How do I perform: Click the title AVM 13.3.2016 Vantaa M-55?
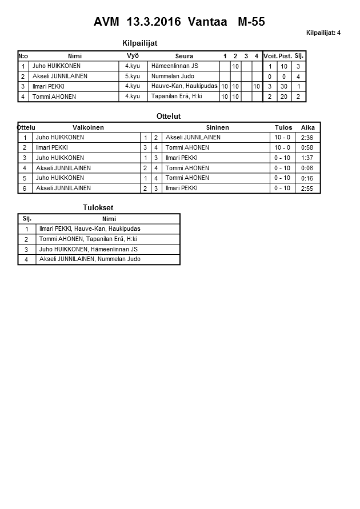click(179, 22)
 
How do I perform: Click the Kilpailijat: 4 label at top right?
click(323, 33)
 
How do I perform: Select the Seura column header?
click(184, 56)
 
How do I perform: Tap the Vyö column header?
click(133, 55)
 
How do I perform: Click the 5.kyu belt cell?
click(133, 76)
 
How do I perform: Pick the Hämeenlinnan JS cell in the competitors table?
click(174, 66)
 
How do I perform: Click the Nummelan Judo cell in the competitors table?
click(172, 76)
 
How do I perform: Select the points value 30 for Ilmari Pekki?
click(285, 86)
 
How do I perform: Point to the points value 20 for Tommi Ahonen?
click(285, 97)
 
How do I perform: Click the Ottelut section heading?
click(169, 116)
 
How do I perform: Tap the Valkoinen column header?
click(88, 127)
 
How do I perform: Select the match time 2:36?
click(307, 138)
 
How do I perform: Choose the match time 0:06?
click(307, 168)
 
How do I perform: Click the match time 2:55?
click(307, 189)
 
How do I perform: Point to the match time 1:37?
click(307, 158)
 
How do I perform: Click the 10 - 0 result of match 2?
click(282, 147)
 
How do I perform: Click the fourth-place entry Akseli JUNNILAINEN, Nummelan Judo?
click(90, 259)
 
